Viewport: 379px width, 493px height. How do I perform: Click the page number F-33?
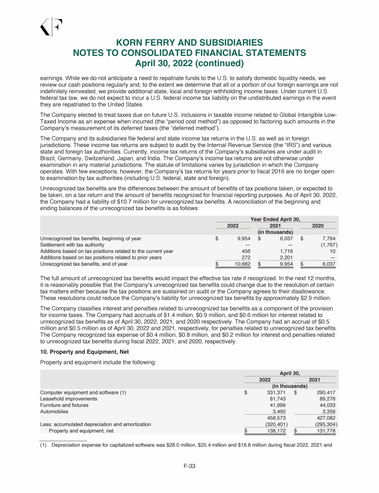point(189,466)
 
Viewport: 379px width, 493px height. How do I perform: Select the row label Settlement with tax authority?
point(72,245)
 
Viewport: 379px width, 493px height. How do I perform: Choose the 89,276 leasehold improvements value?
point(325,398)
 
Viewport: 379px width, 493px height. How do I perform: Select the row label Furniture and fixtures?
point(64,405)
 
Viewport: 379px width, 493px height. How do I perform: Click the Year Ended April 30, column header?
point(275,219)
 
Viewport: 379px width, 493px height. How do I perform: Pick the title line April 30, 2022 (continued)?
point(189,63)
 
